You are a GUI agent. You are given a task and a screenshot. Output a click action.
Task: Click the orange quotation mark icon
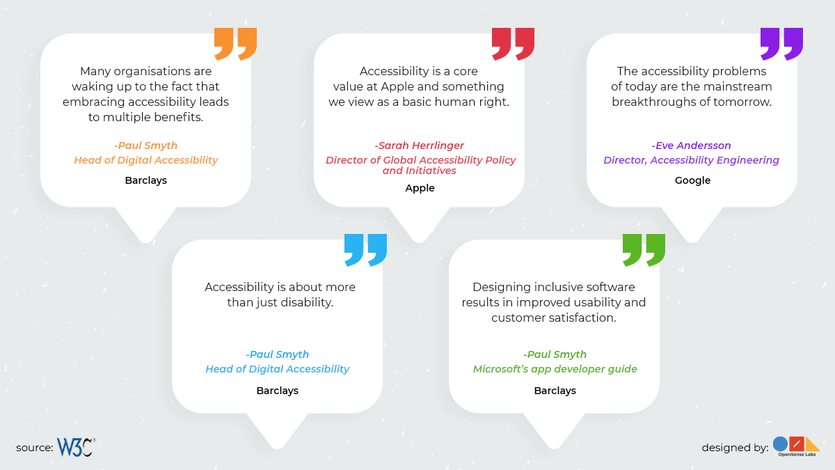[235, 44]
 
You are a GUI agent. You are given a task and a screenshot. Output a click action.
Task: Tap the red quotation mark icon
[513, 44]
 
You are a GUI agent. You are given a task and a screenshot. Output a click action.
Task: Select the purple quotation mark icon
[781, 44]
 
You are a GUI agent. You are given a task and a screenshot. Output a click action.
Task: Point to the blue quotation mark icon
[365, 250]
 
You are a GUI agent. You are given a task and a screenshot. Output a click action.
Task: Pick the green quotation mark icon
[644, 250]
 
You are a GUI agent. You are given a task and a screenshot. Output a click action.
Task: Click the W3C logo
[76, 447]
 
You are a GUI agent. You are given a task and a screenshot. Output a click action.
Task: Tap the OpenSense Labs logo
[796, 446]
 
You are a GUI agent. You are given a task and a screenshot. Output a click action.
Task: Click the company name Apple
[420, 187]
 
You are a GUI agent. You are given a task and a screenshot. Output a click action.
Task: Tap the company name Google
[692, 180]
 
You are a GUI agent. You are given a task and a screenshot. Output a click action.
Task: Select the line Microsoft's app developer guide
[555, 369]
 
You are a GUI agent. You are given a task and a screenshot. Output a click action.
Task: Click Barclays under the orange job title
[145, 180]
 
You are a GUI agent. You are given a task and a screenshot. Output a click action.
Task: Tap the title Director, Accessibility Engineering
[692, 160]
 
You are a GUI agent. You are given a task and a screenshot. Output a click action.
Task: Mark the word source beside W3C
[34, 448]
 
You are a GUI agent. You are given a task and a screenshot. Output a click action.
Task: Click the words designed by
[735, 448]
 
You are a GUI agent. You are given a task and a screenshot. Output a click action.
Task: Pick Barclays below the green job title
[555, 391]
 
